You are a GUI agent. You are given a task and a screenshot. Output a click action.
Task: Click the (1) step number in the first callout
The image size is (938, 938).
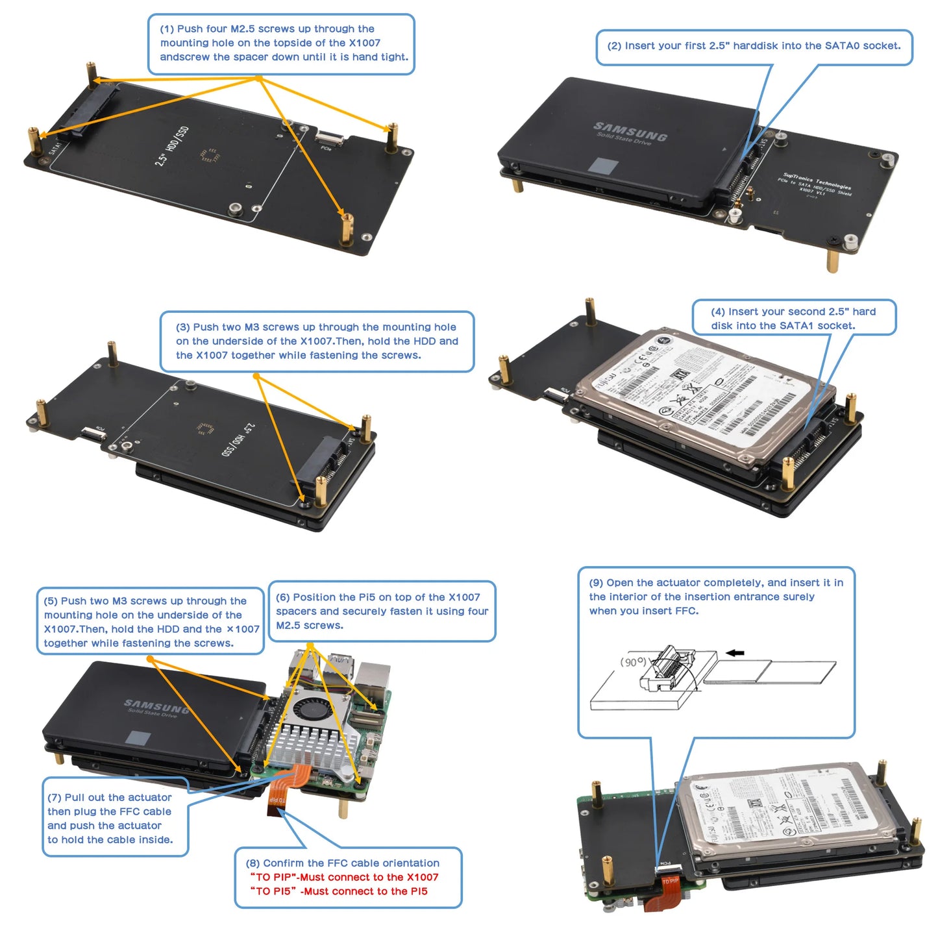coord(167,29)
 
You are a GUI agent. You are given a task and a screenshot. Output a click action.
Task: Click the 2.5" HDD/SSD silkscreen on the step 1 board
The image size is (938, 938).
coord(171,146)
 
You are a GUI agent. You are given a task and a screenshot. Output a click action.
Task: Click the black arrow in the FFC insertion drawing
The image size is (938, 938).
coord(735,653)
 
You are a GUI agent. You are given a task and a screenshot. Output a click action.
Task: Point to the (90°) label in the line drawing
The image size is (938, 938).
coord(634,662)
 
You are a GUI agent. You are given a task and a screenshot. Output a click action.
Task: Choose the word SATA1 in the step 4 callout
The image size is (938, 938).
coord(797,326)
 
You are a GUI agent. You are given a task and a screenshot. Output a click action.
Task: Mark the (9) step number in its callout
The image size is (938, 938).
coord(596,583)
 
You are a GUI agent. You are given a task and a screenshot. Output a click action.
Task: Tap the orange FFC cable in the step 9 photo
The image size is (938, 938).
coord(670,895)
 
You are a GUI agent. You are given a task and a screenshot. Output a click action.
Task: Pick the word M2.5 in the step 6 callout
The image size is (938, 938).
coord(290,626)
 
